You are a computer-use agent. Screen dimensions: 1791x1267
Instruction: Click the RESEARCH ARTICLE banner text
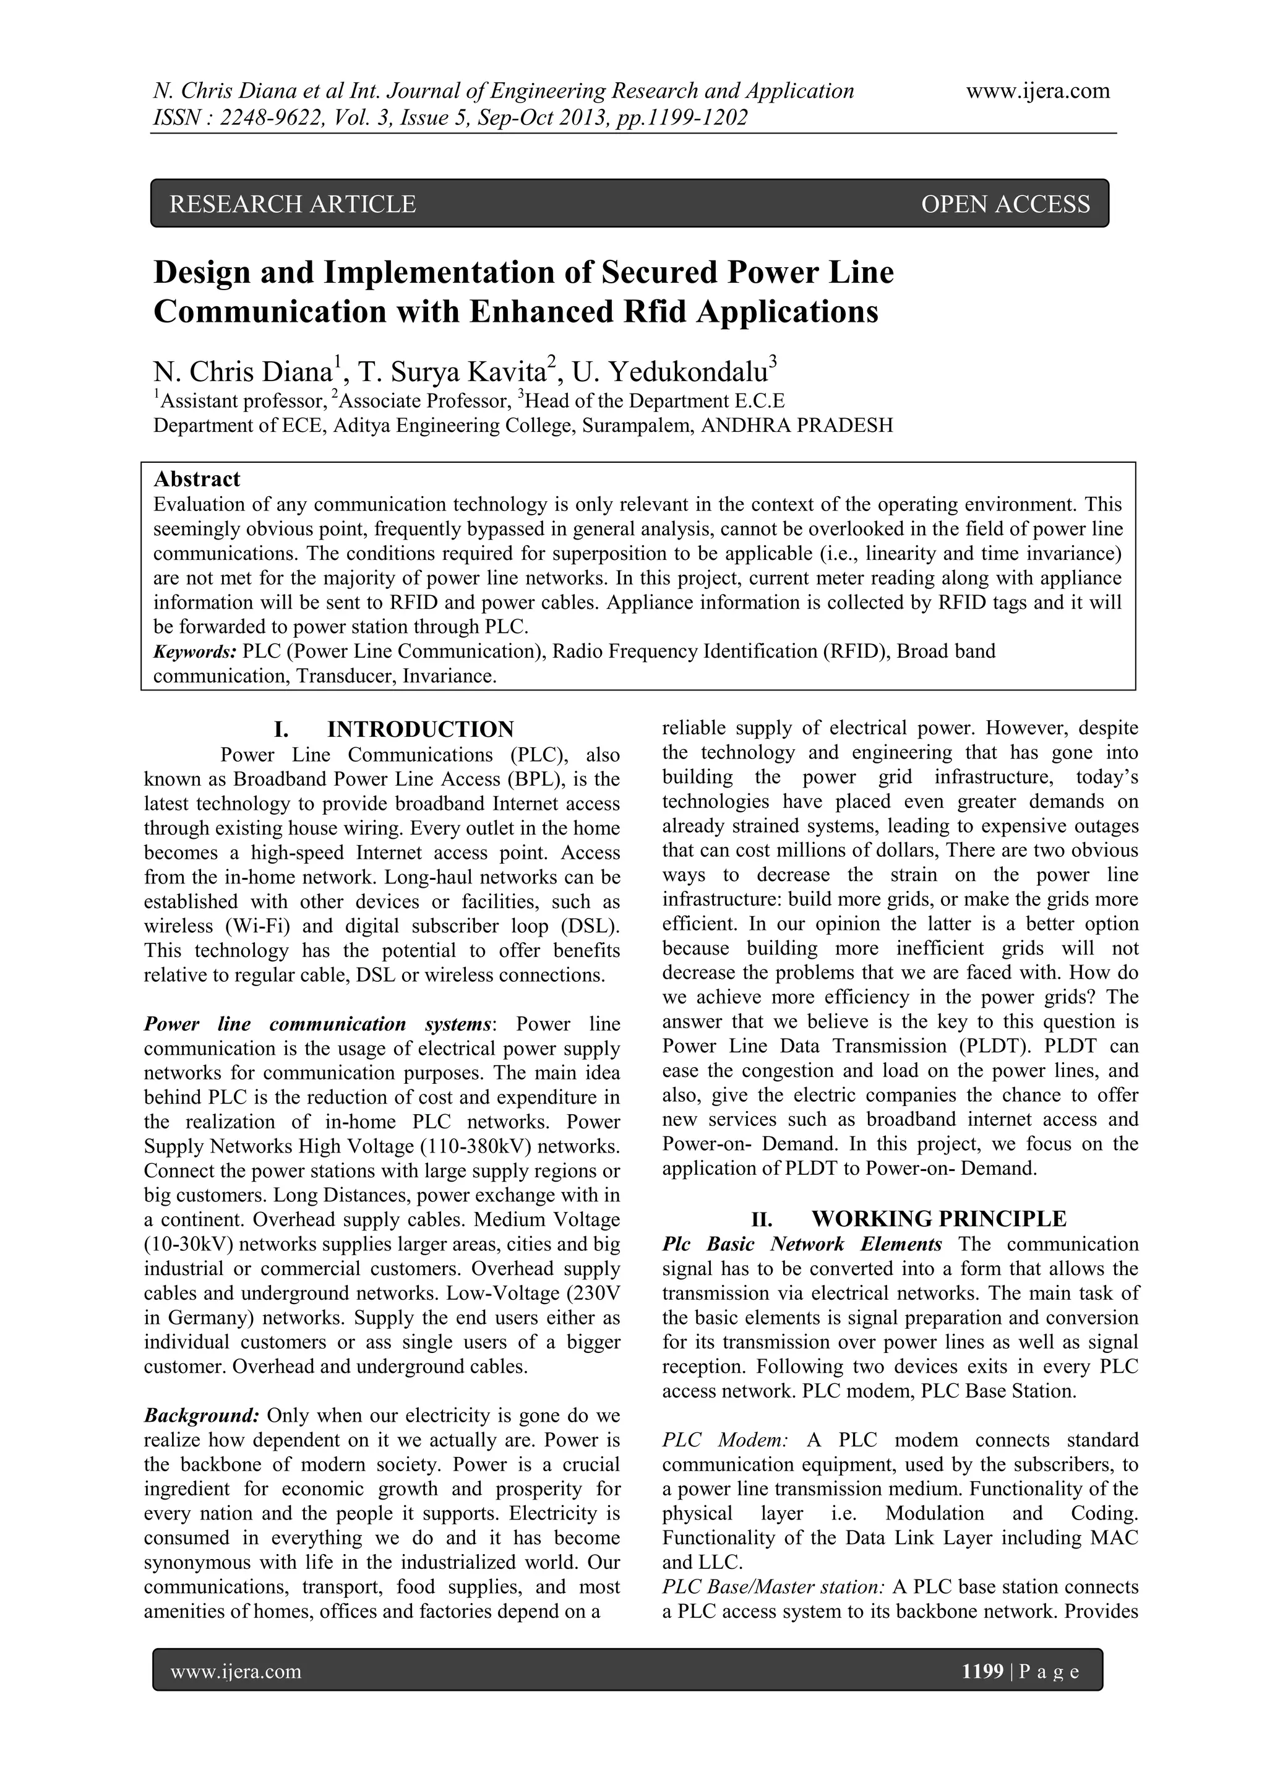[x=293, y=204]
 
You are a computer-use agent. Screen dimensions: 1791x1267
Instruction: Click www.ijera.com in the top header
[x=1037, y=92]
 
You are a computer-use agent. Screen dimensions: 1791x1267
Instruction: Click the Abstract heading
[x=197, y=479]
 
